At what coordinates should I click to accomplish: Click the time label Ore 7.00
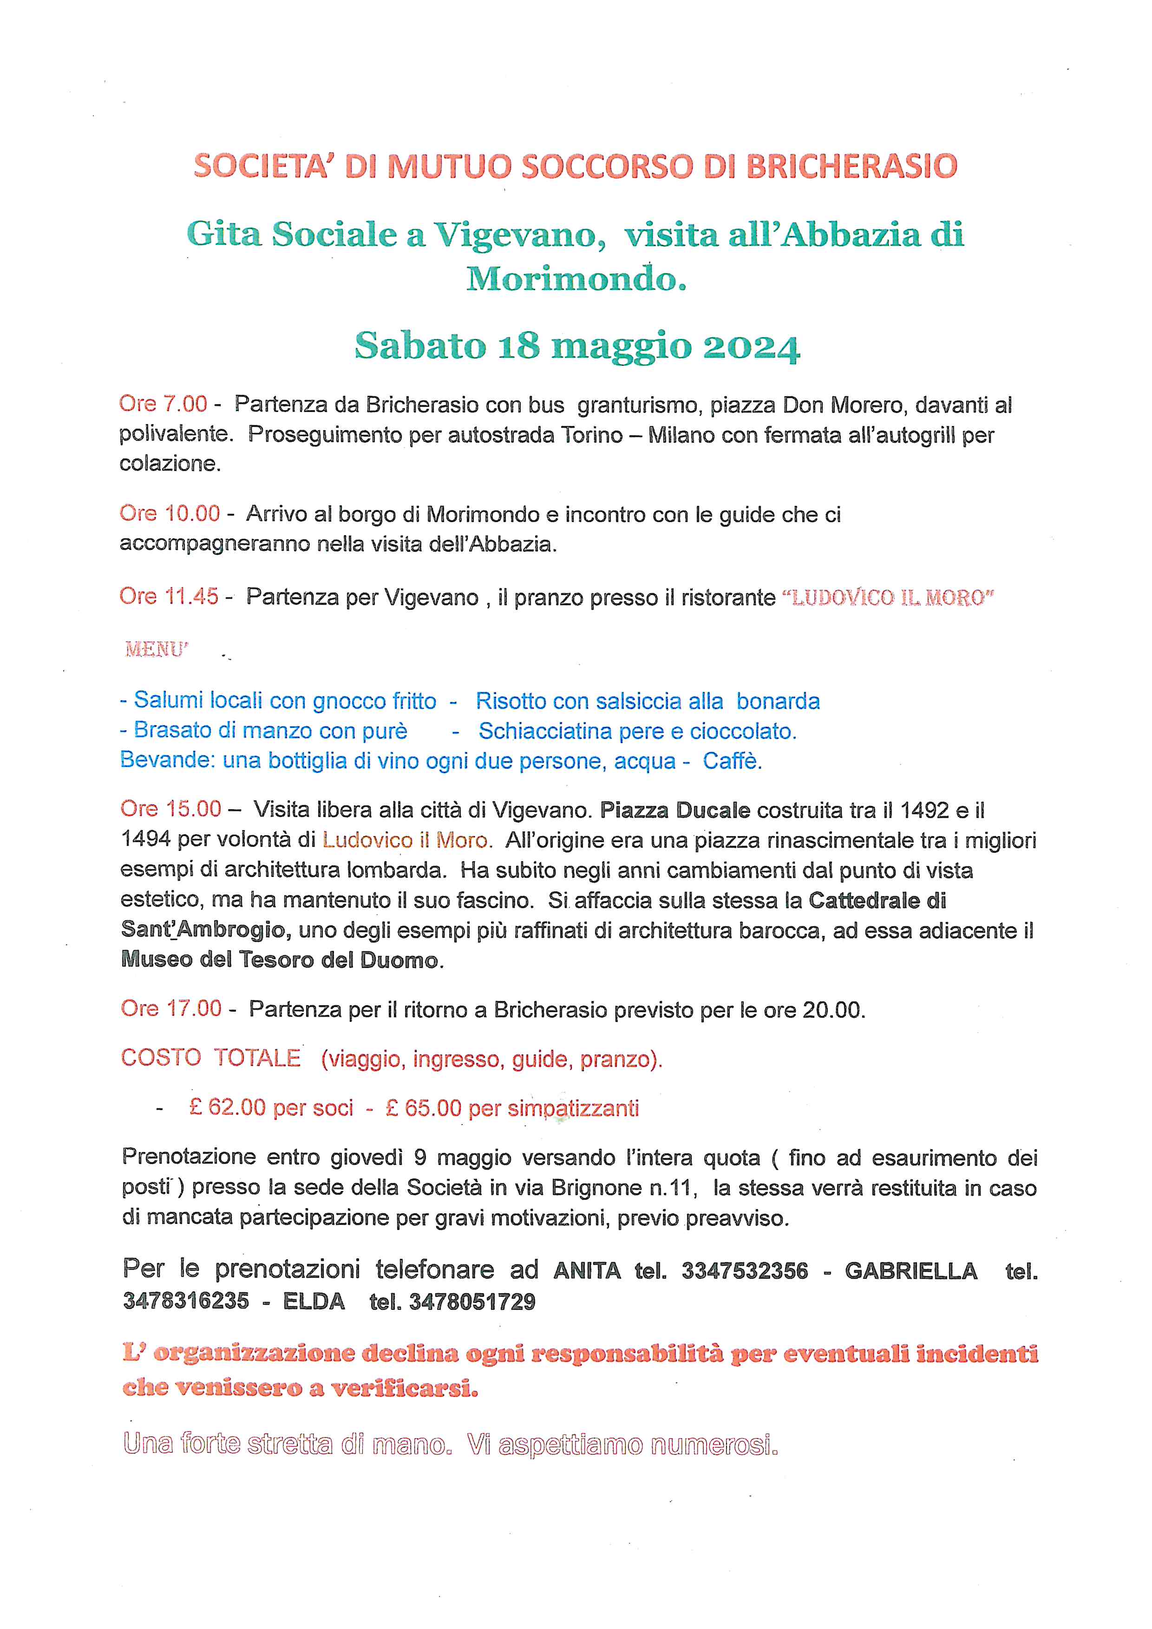click(x=163, y=405)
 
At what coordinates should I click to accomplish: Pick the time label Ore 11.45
click(x=169, y=597)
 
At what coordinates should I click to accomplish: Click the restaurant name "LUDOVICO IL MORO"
click(x=887, y=598)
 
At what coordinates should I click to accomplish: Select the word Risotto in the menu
click(x=511, y=701)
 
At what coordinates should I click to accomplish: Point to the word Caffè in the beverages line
click(x=732, y=761)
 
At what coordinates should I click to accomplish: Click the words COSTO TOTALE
click(x=211, y=1058)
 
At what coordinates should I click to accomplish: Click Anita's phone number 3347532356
click(x=745, y=1271)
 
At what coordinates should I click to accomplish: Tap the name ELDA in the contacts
click(x=314, y=1301)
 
